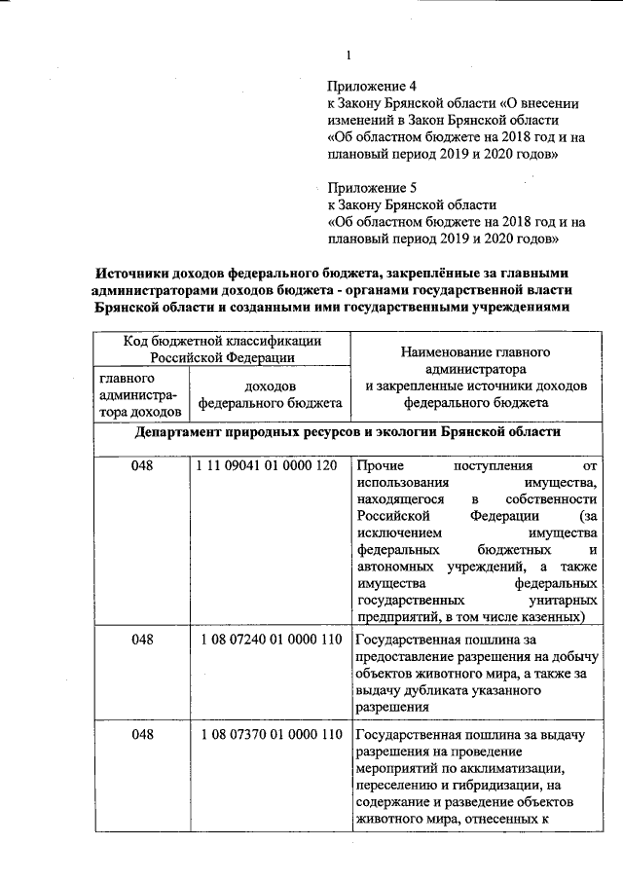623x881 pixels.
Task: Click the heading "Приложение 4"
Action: pos(370,87)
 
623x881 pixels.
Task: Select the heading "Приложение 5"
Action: pos(370,187)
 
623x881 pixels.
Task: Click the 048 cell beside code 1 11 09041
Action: pos(143,465)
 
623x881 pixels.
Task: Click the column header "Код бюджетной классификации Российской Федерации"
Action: pos(222,349)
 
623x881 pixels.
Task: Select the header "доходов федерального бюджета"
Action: pos(270,393)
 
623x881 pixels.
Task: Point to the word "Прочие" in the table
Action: pos(381,466)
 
